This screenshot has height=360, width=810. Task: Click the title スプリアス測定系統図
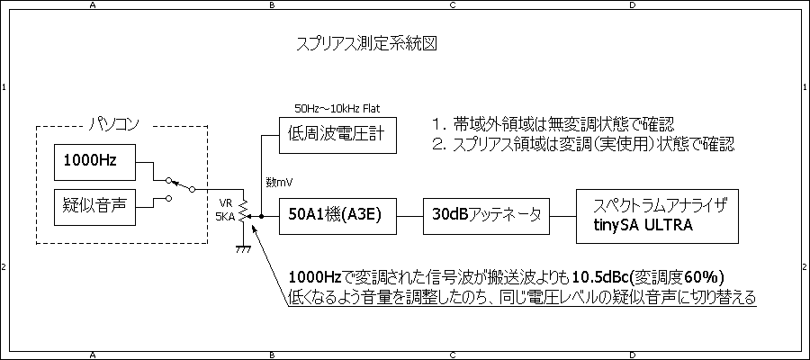coord(366,44)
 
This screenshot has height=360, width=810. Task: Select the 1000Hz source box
coord(89,161)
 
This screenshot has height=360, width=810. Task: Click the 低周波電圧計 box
coord(337,135)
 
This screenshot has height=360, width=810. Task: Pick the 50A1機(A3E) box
coord(337,216)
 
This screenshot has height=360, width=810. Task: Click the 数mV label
coord(278,182)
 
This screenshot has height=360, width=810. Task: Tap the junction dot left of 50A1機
coord(261,217)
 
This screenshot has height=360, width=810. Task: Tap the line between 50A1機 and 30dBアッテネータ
coord(408,216)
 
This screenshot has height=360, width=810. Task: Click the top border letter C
coord(452,5)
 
